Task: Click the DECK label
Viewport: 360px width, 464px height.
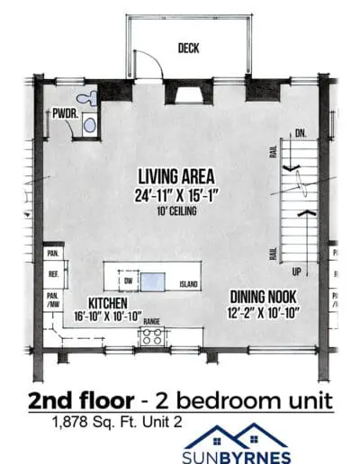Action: (188, 48)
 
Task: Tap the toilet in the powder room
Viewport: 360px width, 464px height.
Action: (87, 98)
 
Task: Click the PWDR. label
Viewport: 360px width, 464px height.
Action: (66, 114)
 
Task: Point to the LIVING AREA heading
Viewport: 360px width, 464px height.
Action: (176, 176)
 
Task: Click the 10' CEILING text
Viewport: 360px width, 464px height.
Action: (176, 211)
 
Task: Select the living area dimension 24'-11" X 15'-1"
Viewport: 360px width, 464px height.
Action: (175, 196)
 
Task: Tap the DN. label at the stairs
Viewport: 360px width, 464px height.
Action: (301, 133)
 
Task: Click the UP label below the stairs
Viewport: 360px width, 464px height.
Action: (296, 272)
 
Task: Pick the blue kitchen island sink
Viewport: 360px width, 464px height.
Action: (153, 281)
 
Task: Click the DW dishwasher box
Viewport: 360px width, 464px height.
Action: (129, 281)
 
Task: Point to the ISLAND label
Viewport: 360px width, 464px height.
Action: (188, 284)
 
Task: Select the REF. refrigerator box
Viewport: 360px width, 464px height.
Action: (54, 274)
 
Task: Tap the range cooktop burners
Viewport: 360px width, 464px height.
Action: (151, 336)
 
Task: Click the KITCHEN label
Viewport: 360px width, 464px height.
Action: (108, 303)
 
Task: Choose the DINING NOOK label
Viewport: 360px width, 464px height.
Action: (263, 297)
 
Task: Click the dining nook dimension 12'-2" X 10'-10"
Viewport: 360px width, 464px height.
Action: (264, 313)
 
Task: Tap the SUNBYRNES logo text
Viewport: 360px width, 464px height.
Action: (237, 458)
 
